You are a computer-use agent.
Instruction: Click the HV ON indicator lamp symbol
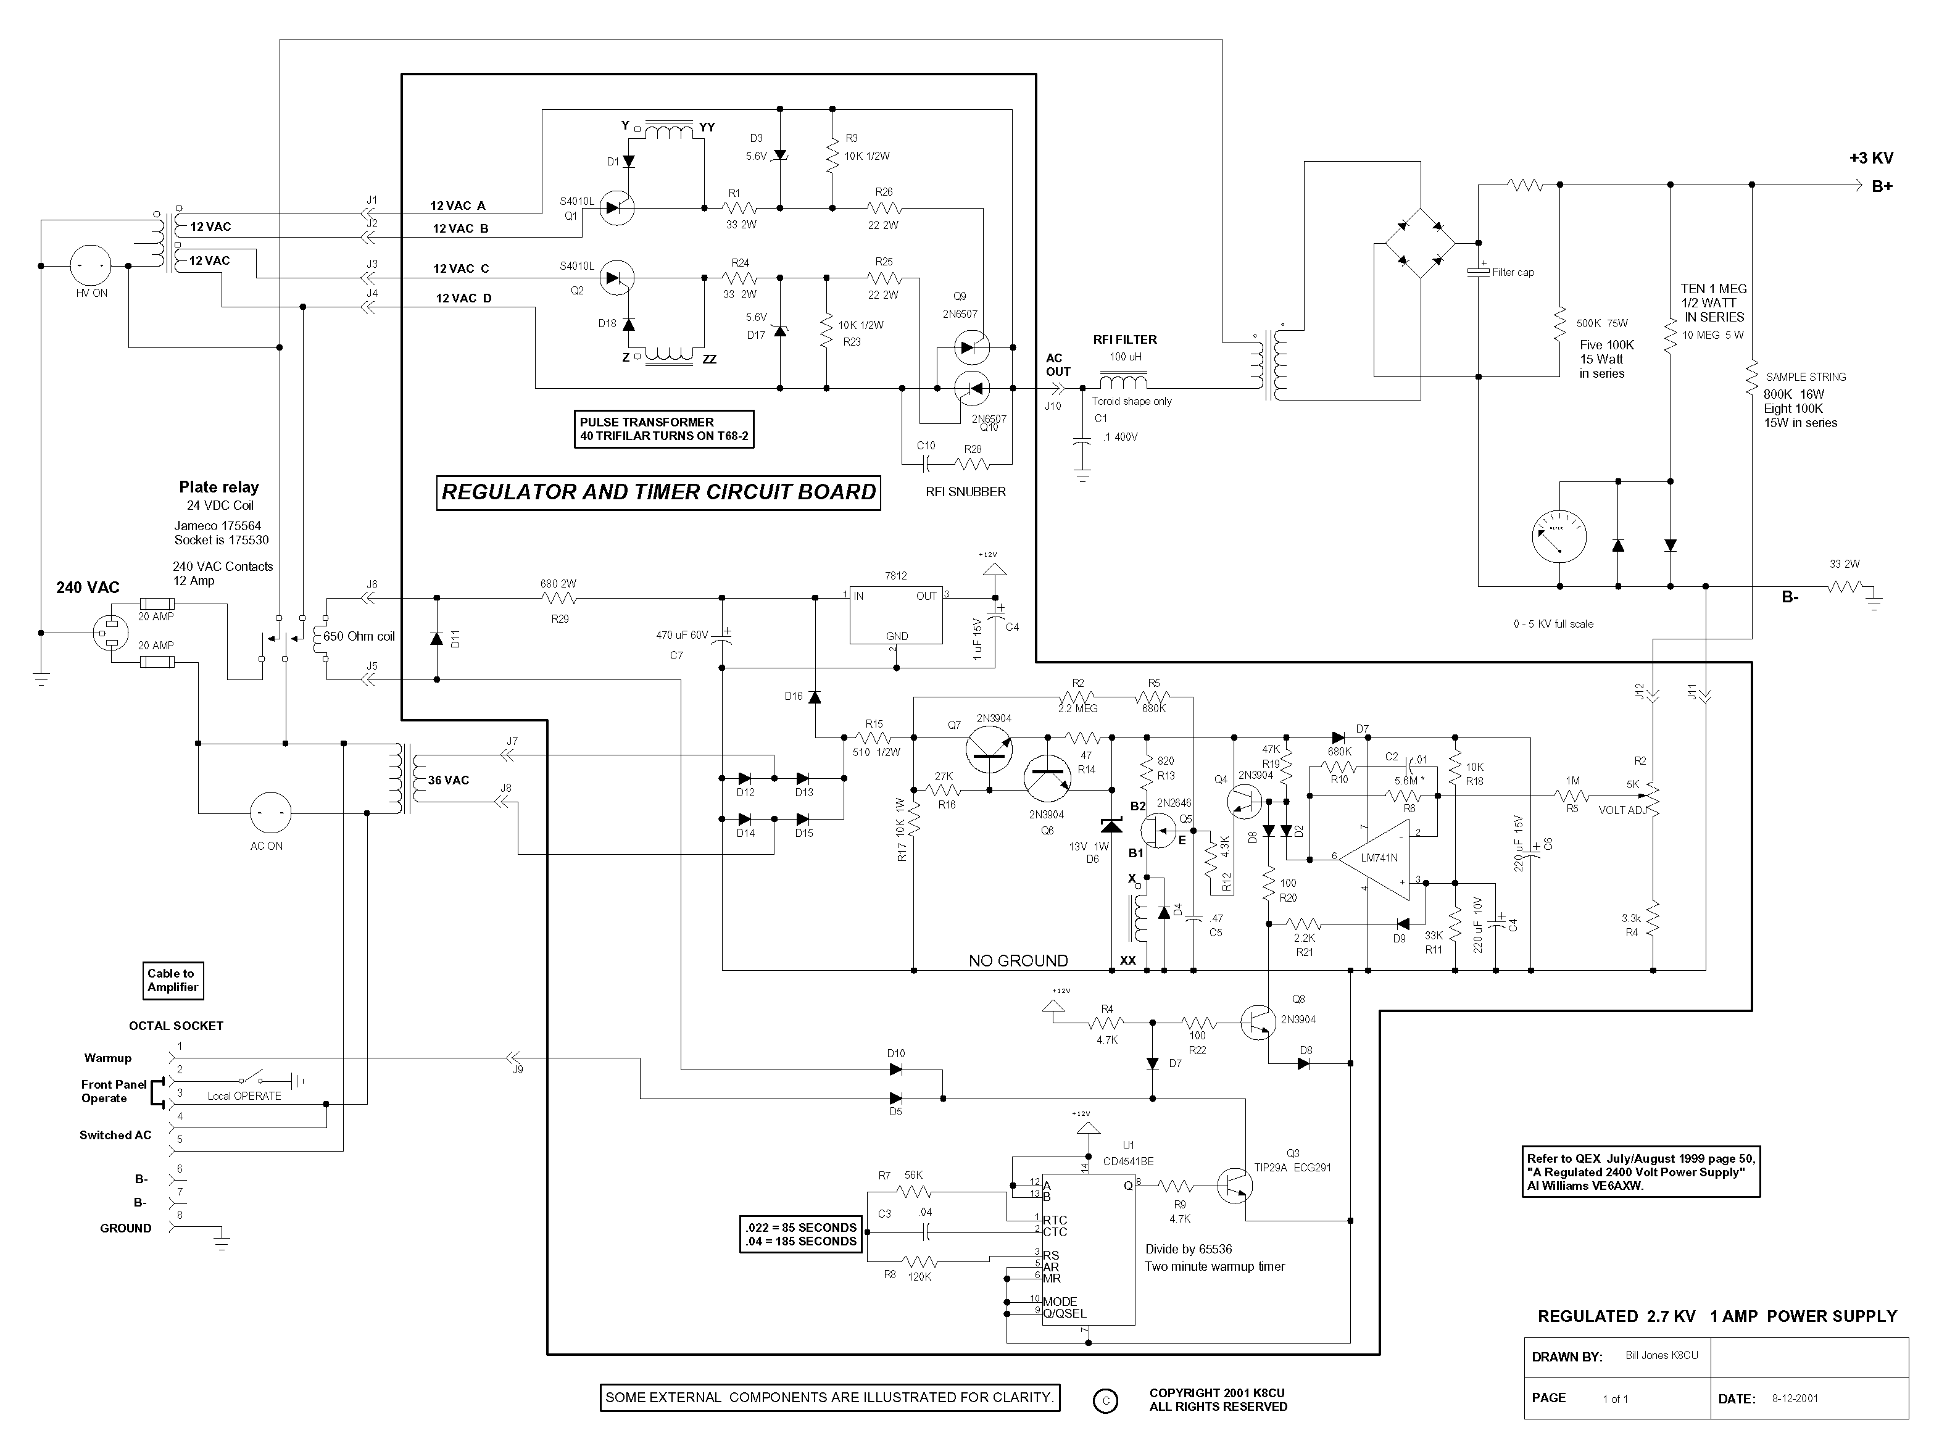[91, 265]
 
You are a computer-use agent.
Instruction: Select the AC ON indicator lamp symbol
[270, 814]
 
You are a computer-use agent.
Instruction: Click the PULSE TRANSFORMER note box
[664, 430]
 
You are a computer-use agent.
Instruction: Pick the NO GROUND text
[1018, 961]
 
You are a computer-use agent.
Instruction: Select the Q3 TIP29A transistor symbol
[1235, 1186]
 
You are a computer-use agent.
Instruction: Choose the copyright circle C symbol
[1105, 1401]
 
